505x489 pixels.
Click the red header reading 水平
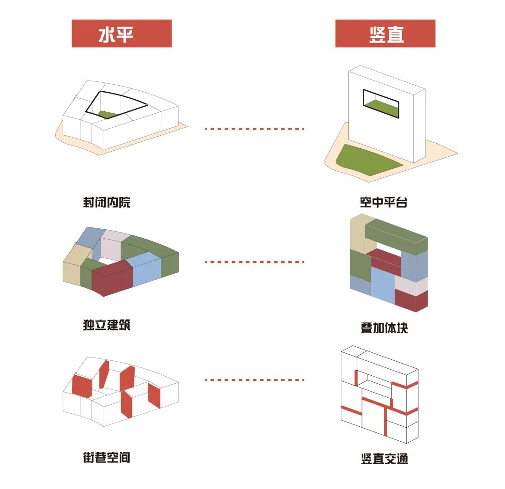(x=122, y=34)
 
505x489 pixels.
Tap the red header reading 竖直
(x=385, y=34)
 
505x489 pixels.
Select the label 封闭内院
(x=107, y=203)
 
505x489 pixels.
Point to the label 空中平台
(x=384, y=203)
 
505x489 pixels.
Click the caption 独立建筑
(x=107, y=325)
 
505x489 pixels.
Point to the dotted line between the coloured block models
(x=255, y=262)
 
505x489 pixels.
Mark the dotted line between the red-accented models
(x=255, y=380)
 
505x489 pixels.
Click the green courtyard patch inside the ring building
(x=108, y=114)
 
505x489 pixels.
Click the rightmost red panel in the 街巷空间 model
(x=154, y=395)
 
